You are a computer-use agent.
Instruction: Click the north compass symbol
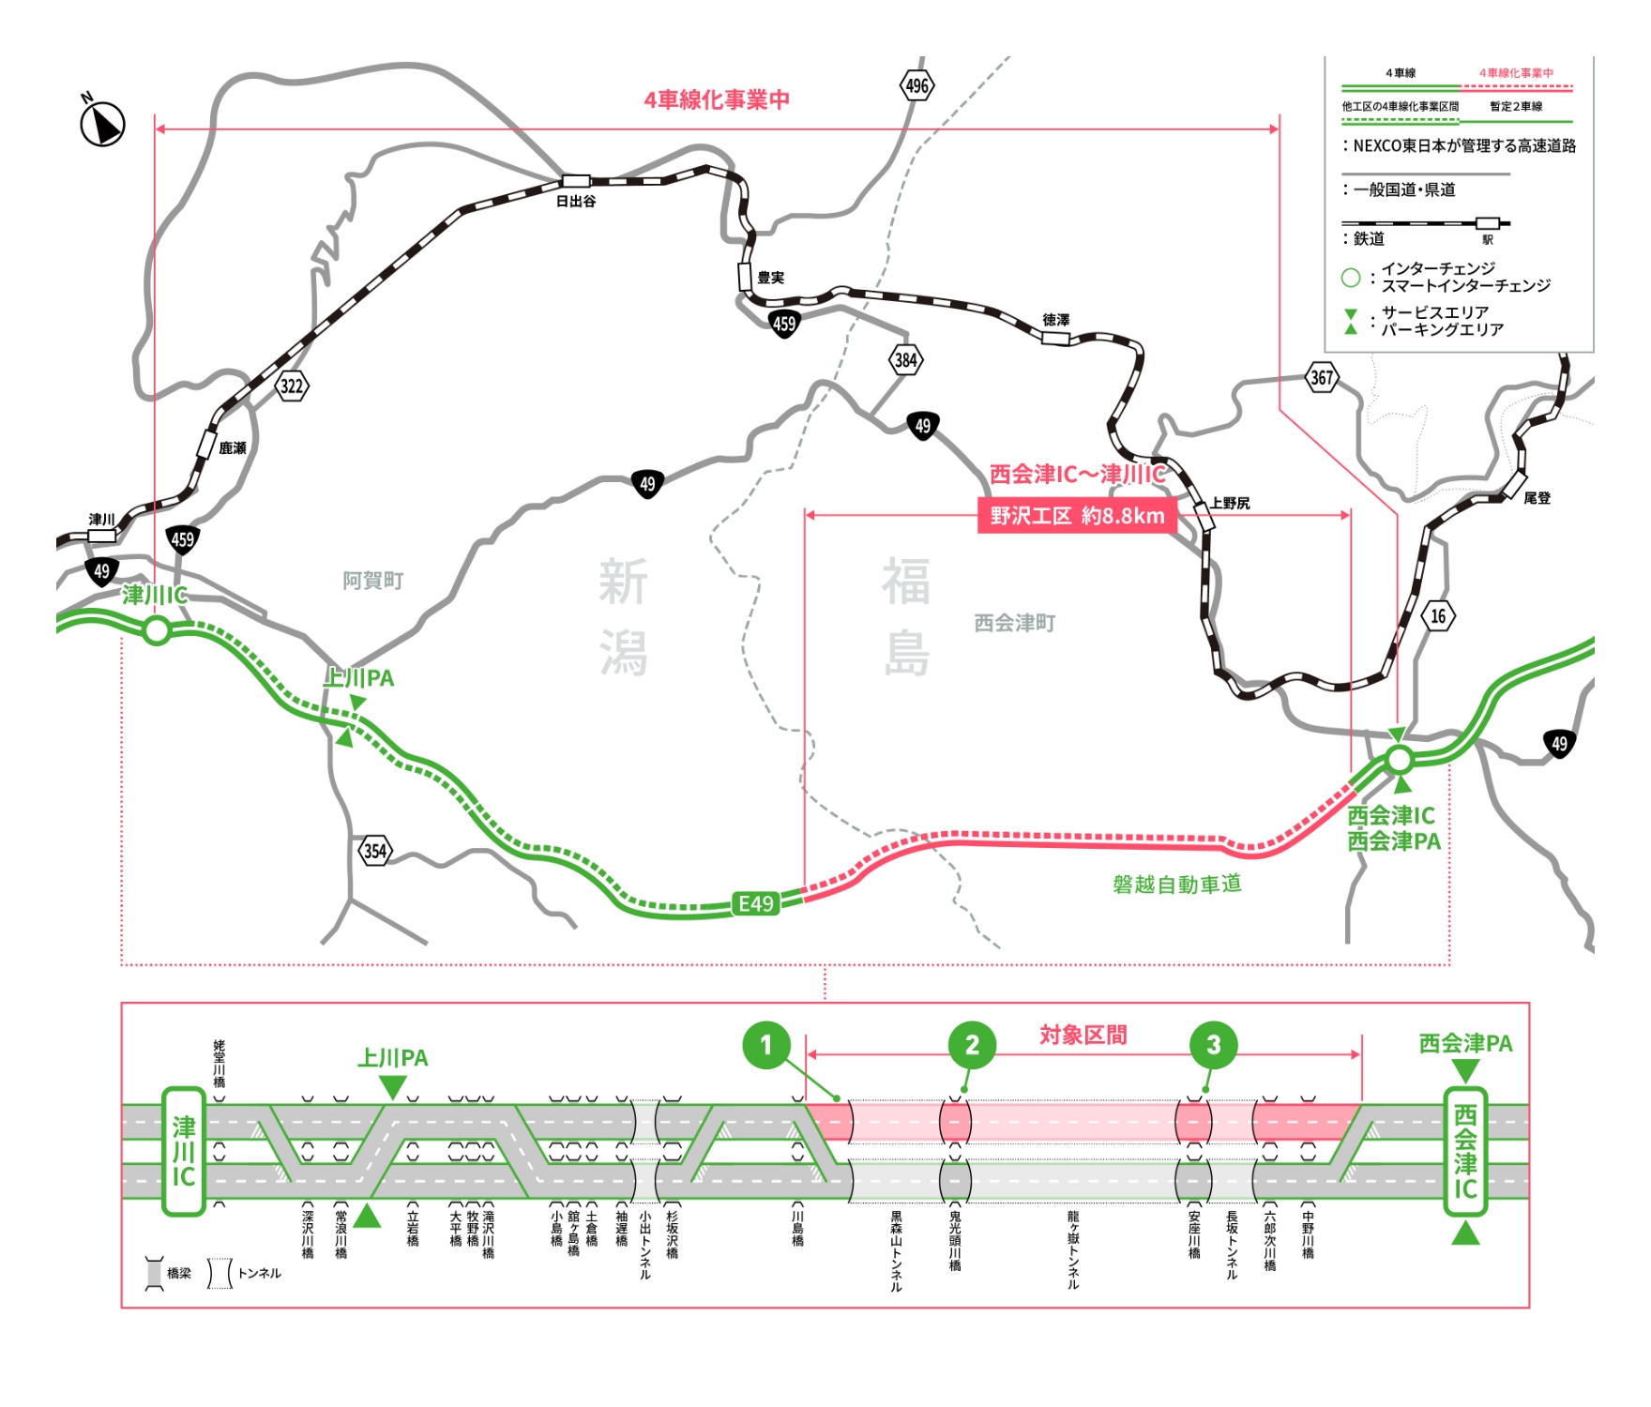[x=102, y=123]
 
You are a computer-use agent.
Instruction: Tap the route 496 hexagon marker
[x=916, y=86]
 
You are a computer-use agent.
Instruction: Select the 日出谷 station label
[x=576, y=201]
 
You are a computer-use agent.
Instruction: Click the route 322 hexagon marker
[x=292, y=386]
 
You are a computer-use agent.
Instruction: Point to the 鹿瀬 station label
[x=233, y=448]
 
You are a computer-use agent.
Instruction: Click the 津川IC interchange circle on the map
[x=157, y=630]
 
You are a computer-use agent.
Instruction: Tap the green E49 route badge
[x=756, y=903]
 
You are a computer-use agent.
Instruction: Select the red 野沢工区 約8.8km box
[x=1077, y=516]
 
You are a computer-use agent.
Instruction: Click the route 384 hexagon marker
[x=905, y=359]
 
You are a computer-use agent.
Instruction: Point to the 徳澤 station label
[x=1055, y=320]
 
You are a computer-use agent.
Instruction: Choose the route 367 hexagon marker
[x=1322, y=378]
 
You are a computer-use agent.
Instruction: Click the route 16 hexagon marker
[x=1438, y=616]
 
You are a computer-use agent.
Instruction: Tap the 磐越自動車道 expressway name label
[x=1176, y=884]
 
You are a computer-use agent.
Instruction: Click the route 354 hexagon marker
[x=375, y=851]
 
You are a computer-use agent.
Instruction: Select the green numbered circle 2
[x=972, y=1045]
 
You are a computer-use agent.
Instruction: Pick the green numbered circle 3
[x=1213, y=1045]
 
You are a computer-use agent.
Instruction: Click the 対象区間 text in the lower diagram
[x=1083, y=1035]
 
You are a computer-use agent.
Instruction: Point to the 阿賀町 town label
[x=372, y=581]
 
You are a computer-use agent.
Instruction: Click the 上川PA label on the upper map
[x=358, y=678]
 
